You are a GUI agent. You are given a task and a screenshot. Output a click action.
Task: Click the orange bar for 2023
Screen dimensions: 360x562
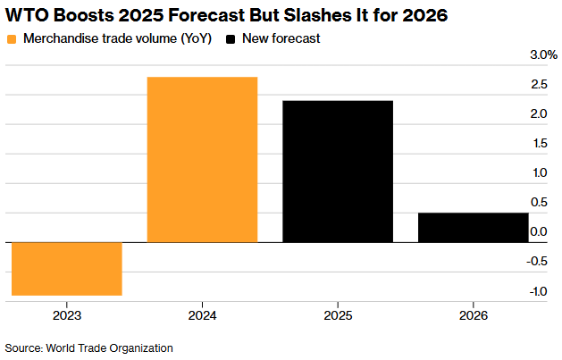tap(66, 268)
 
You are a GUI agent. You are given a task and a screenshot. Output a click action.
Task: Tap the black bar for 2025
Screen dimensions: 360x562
tap(337, 171)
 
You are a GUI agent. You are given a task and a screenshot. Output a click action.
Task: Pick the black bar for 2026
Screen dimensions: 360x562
tap(473, 227)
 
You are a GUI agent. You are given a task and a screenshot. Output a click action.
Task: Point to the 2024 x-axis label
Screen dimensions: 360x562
tap(202, 315)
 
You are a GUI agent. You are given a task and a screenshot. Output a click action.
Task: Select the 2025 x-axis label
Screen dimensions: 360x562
tap(337, 315)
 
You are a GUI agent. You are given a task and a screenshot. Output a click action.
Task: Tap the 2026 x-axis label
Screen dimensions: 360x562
tap(473, 315)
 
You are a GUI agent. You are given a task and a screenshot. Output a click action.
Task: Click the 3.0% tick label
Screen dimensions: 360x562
tap(542, 55)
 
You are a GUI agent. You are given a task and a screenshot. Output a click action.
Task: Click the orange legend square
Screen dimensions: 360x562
tap(12, 38)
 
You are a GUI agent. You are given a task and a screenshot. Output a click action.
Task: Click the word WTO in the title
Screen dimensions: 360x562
tap(28, 15)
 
